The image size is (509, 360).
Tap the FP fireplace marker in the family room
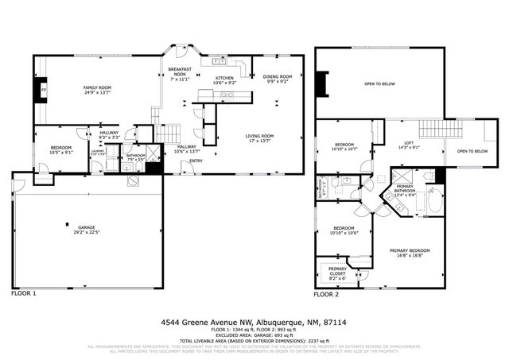click(x=43, y=91)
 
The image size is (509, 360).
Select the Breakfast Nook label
click(x=181, y=75)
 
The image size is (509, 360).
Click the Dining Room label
click(x=276, y=78)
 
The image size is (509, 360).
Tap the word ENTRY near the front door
click(x=195, y=162)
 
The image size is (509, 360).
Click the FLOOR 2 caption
click(x=326, y=294)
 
